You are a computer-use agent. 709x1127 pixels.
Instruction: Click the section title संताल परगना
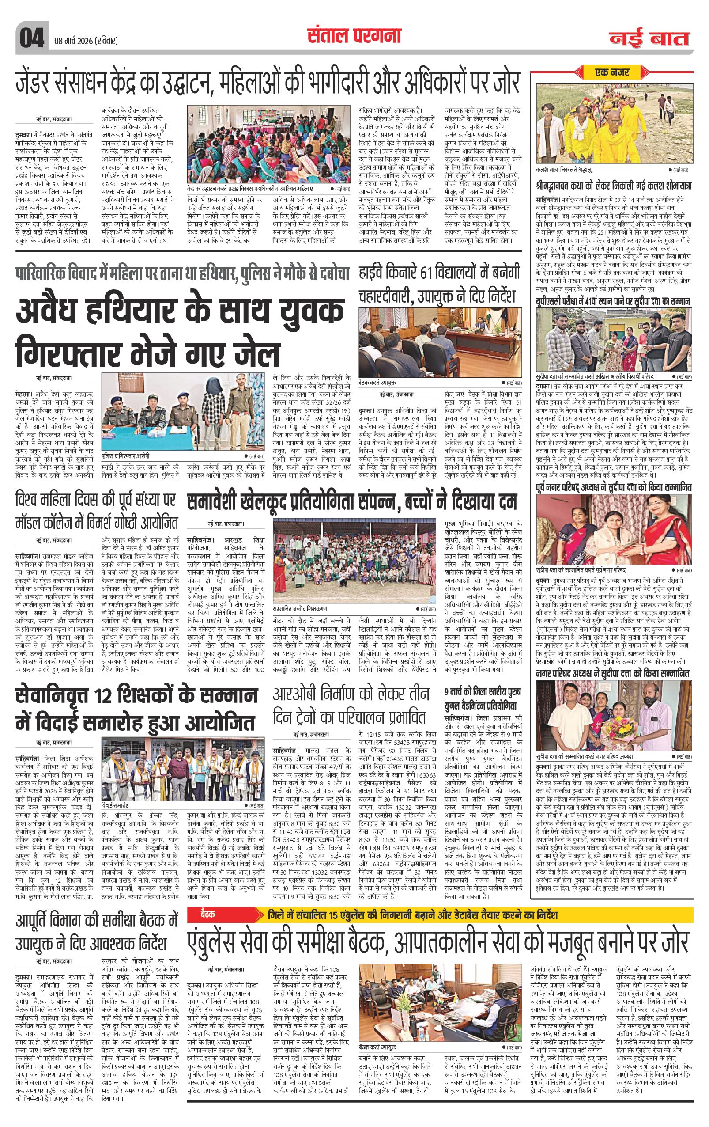pos(354,36)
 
